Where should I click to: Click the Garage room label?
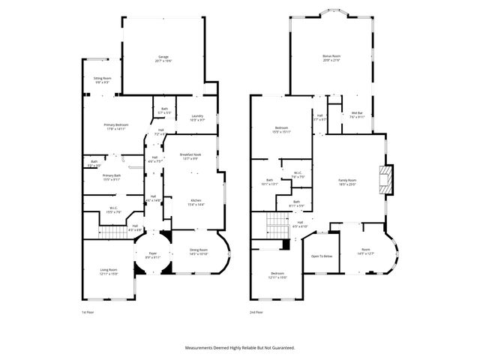pyautogui.click(x=163, y=58)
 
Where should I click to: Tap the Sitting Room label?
pyautogui.click(x=102, y=79)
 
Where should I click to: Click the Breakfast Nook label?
pyautogui.click(x=190, y=156)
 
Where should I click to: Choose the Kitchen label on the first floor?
pyautogui.click(x=195, y=202)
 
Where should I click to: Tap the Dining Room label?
pyautogui.click(x=199, y=252)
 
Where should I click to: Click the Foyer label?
pyautogui.click(x=152, y=255)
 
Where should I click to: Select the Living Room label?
pyautogui.click(x=109, y=271)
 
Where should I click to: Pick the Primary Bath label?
pyautogui.click(x=112, y=178)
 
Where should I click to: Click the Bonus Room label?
pyautogui.click(x=331, y=58)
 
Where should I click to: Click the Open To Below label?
pyautogui.click(x=322, y=256)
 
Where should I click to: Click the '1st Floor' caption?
pyautogui.click(x=88, y=312)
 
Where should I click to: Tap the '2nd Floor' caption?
pyautogui.click(x=257, y=312)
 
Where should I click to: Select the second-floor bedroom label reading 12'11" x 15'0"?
pyautogui.click(x=277, y=275)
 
